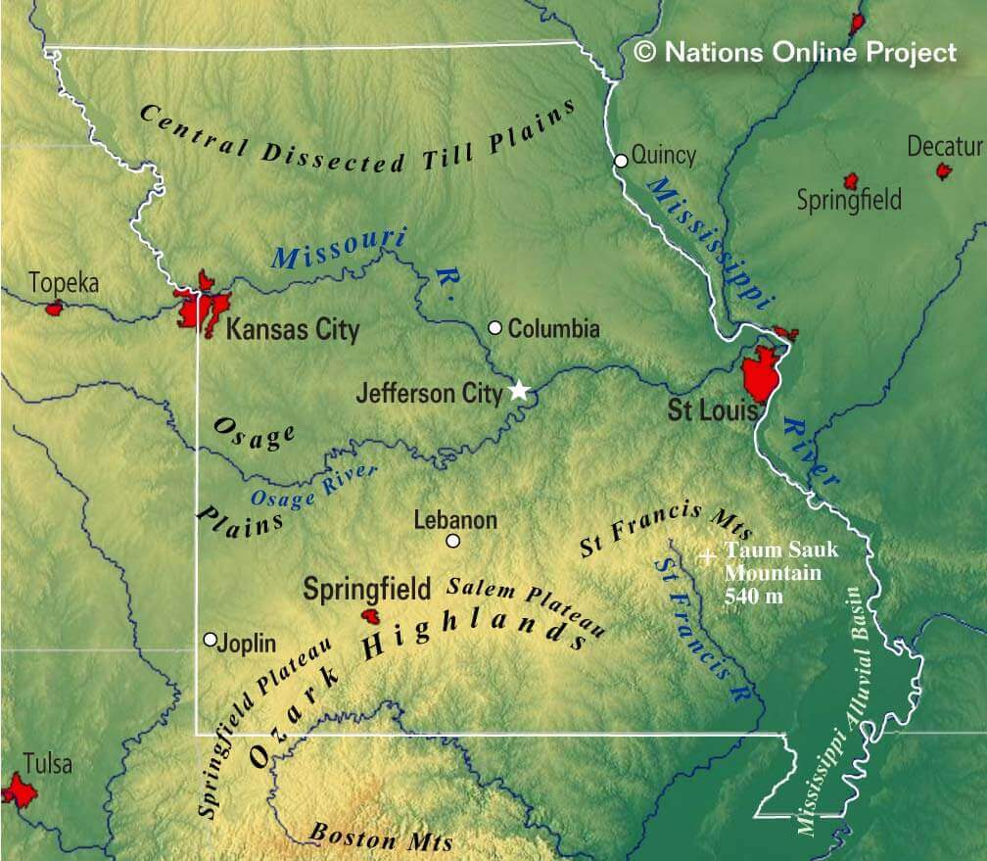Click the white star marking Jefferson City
519,391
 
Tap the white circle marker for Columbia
495,328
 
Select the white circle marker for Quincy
621,161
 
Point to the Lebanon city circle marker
452,541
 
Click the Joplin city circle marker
210,640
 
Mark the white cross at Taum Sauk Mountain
707,556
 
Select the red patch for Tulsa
17,789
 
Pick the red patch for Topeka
55,308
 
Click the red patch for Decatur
944,171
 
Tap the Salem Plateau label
527,603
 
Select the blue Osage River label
313,484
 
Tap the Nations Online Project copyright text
795,53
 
